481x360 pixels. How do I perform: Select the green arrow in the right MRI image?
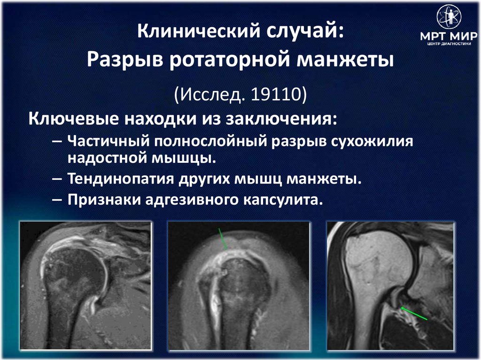tap(414, 314)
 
